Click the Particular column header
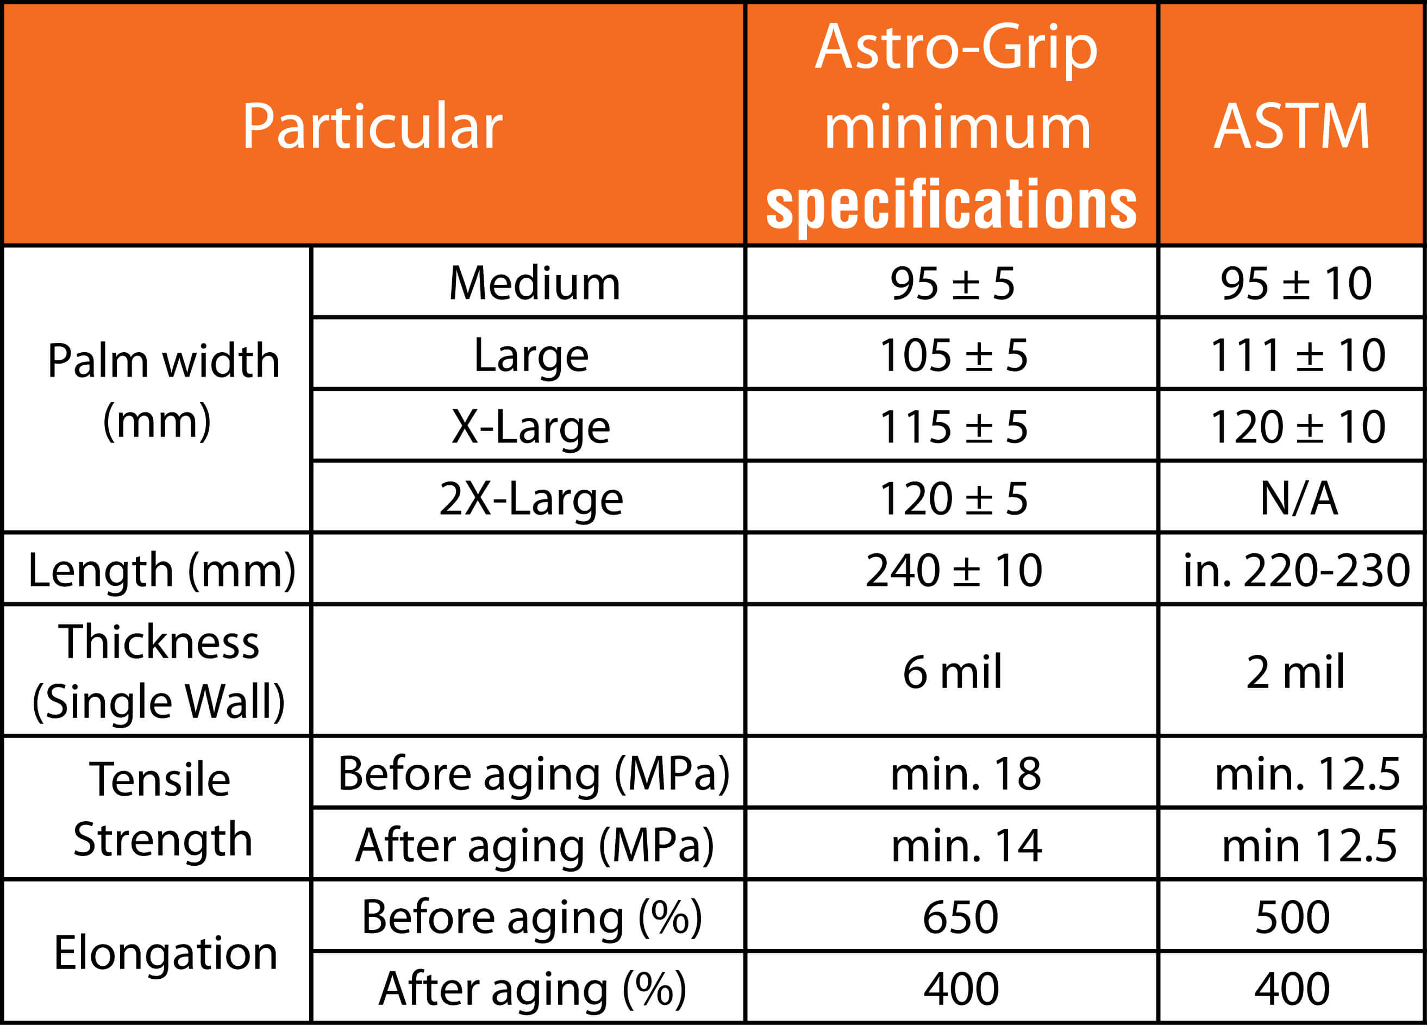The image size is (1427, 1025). click(372, 127)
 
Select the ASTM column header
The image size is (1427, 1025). click(1292, 127)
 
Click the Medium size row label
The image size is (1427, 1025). click(534, 283)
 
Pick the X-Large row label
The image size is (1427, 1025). click(530, 427)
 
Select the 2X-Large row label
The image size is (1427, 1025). click(531, 498)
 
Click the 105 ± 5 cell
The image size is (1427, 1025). click(953, 355)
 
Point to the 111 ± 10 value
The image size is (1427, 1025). click(1297, 355)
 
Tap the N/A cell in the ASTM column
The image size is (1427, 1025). click(1299, 498)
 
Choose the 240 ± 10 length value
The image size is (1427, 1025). click(954, 570)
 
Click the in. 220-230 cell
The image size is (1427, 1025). click(1297, 570)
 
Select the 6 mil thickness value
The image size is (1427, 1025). click(952, 672)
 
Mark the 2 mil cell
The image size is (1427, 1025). click(1295, 672)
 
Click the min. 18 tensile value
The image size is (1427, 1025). click(966, 773)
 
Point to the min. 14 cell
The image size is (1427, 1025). click(966, 845)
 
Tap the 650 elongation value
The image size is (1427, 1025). click(961, 917)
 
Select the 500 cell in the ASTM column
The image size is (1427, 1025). click(1292, 917)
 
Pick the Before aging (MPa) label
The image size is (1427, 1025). click(534, 774)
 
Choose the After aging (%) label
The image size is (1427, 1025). click(533, 989)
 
